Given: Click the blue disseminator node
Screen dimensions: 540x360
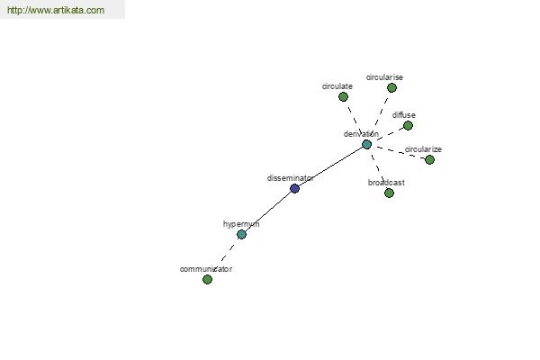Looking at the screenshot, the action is [294, 188].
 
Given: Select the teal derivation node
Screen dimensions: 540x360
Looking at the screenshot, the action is [367, 144].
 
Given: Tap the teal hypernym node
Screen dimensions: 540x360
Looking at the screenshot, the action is [241, 235].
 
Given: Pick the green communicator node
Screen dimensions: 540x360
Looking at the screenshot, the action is [207, 279].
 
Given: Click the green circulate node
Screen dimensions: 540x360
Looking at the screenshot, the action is [343, 97].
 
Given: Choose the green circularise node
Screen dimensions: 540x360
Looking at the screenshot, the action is [391, 88].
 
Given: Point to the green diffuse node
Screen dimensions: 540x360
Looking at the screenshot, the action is [408, 125].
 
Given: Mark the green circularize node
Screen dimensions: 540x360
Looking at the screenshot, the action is [429, 159].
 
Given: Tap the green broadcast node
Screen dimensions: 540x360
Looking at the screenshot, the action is [389, 193].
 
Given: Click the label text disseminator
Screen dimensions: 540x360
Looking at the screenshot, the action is [290, 178].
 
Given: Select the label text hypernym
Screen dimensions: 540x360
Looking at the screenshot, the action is [241, 224].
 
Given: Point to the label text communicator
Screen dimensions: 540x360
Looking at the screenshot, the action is [206, 269].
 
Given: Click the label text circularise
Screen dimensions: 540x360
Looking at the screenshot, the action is [384, 77].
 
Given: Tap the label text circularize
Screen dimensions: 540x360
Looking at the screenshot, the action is [423, 149].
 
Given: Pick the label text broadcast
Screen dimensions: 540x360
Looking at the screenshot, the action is [386, 183].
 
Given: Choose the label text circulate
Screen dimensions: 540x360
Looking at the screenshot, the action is [337, 86].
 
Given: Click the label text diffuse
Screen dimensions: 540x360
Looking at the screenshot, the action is [403, 115].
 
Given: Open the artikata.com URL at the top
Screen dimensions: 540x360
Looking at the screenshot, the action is [56, 10].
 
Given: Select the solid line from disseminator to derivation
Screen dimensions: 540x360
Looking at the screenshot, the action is [330, 166].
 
